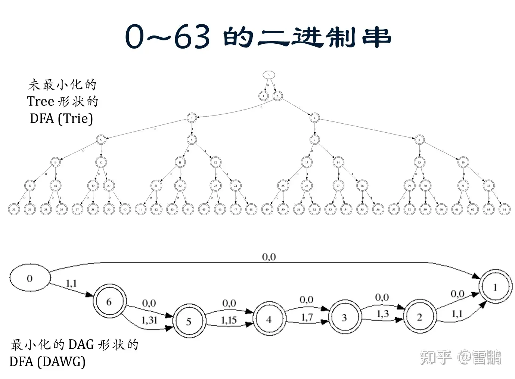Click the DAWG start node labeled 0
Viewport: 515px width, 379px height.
(30, 278)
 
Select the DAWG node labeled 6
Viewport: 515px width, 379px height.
(109, 302)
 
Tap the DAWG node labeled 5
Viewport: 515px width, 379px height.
(189, 321)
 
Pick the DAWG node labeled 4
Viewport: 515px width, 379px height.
(269, 319)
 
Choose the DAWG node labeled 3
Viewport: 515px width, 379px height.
(344, 318)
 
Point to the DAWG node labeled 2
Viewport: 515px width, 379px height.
(419, 317)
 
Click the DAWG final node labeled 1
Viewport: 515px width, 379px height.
(495, 287)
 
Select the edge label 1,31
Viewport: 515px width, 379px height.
(149, 320)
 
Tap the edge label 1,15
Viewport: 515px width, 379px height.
(229, 320)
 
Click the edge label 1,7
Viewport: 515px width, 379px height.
(307, 317)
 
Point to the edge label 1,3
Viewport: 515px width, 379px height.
(382, 314)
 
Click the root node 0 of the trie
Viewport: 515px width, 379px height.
(268, 75)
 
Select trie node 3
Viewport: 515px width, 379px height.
(192, 118)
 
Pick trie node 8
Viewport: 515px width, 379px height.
(419, 140)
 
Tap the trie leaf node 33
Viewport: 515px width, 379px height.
(14, 210)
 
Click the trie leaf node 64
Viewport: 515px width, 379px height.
(504, 210)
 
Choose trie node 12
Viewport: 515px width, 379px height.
(215, 163)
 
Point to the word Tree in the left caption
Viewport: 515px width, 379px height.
(40, 102)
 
